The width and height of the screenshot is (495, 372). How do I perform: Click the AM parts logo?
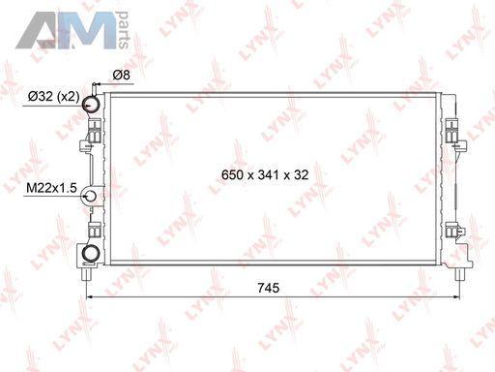point(73,30)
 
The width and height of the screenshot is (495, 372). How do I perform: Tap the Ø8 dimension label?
point(122,75)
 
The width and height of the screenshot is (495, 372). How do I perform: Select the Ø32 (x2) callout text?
point(53,96)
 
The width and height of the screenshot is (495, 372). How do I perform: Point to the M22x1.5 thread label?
point(51,187)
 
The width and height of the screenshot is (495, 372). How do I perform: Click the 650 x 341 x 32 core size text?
point(265,174)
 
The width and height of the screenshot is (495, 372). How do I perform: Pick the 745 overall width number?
point(269,288)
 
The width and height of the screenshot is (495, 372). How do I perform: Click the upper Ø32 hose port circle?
point(92,104)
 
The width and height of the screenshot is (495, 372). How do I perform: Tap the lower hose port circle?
point(92,254)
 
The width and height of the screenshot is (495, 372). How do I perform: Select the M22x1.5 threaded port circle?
point(90,196)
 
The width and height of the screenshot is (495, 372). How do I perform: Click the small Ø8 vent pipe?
point(94,88)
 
